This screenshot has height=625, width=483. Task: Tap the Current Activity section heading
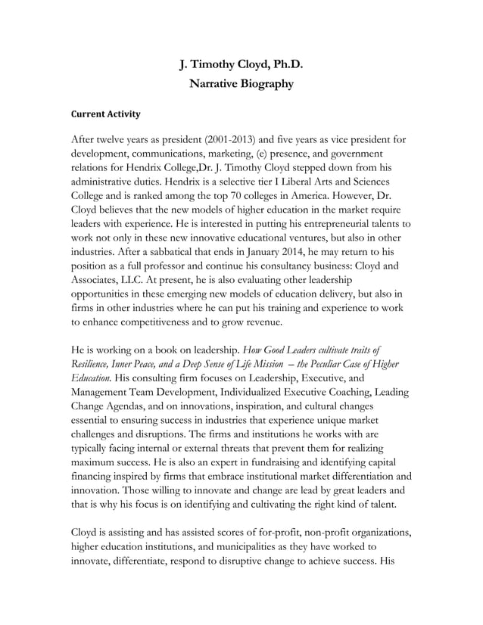(105, 114)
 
